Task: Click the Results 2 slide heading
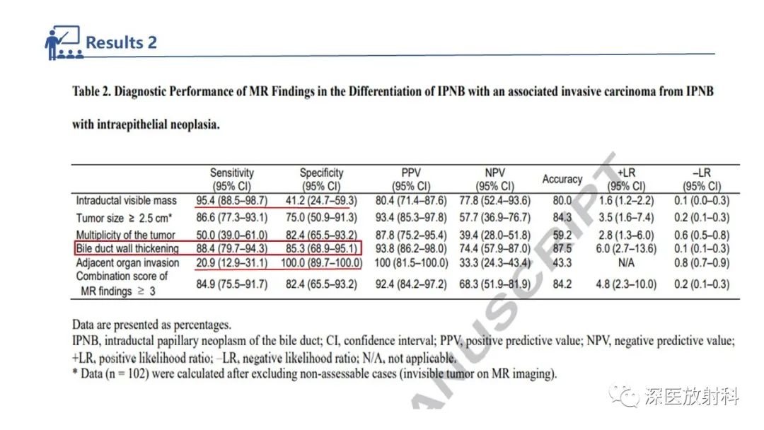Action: click(122, 42)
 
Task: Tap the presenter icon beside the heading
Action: click(64, 42)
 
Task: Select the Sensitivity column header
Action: click(232, 179)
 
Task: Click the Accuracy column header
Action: click(562, 179)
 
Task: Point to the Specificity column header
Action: click(322, 179)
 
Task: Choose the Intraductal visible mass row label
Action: click(126, 201)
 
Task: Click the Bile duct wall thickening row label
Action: click(127, 248)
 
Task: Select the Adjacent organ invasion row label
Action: click(127, 263)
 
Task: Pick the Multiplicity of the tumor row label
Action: click(125, 235)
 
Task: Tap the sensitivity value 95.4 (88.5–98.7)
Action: click(232, 201)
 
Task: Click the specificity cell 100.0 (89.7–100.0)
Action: click(322, 263)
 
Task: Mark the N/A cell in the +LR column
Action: click(626, 263)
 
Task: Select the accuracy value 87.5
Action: click(562, 248)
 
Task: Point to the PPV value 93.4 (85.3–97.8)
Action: click(411, 218)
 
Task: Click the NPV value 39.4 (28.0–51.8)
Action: click(494, 235)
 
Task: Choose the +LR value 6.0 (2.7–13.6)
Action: click(626, 248)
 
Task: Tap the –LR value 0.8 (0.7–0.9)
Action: click(702, 263)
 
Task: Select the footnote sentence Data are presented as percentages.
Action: click(151, 325)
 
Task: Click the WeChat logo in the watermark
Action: click(624, 395)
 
